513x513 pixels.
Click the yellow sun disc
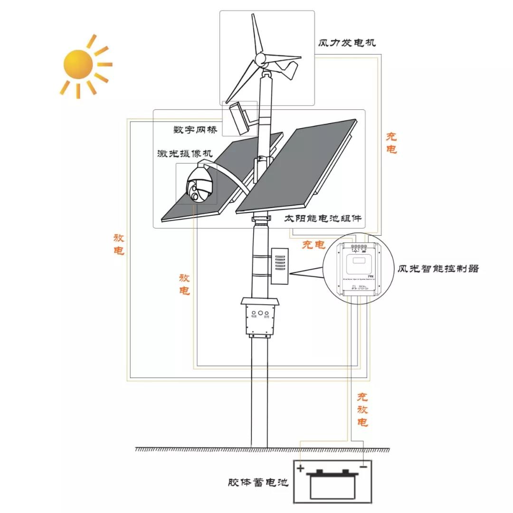click(x=77, y=63)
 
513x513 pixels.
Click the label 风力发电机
click(x=347, y=43)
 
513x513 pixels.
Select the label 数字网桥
click(x=195, y=129)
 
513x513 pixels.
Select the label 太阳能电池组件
click(x=323, y=218)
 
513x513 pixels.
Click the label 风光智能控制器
click(x=438, y=268)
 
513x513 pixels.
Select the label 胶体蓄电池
click(x=258, y=483)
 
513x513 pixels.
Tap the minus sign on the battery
click(x=363, y=467)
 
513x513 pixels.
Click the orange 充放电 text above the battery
click(x=362, y=409)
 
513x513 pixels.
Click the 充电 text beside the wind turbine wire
click(x=391, y=143)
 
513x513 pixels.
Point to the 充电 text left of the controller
click(x=314, y=245)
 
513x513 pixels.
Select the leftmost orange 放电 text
click(x=119, y=244)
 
